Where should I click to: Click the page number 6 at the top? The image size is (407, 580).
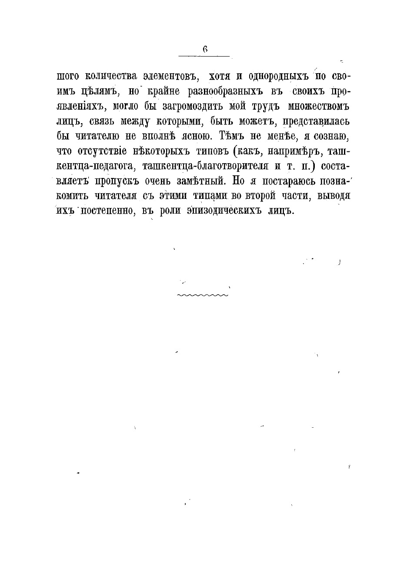coord(205,50)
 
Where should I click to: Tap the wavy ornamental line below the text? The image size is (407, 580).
coord(202,295)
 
